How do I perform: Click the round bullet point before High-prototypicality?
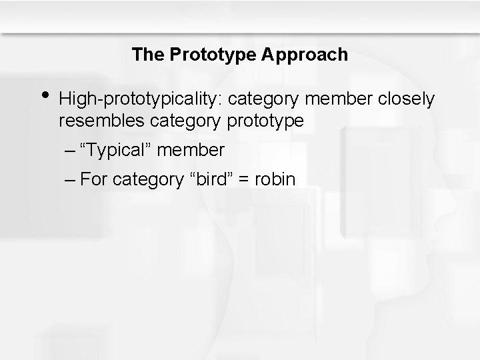(43, 97)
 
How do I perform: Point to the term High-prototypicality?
(141, 99)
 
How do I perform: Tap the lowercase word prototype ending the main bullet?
(265, 122)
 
